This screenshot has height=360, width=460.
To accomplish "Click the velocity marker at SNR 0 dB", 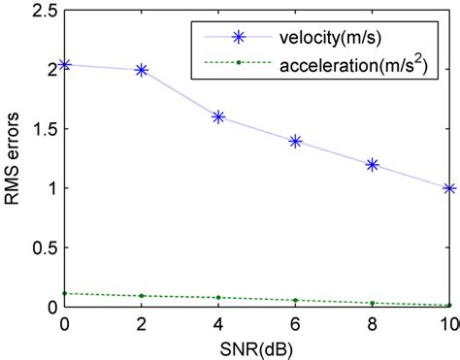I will coord(65,65).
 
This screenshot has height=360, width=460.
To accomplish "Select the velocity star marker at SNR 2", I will coord(142,70).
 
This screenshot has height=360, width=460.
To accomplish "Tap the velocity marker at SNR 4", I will coord(218,116).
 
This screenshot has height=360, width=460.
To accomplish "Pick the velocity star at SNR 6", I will coord(295,141).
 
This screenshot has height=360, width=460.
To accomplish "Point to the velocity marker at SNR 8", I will coord(372,164).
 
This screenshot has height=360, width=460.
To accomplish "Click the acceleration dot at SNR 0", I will coord(65,293).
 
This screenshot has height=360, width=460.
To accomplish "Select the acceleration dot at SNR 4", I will coord(218,297).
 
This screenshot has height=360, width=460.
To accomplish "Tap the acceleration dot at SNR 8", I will coord(372,303).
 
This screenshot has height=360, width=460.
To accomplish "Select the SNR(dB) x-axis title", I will coord(256,346).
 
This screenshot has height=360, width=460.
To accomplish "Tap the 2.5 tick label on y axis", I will coord(45,11).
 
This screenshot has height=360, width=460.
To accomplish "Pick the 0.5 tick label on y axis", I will coord(45,247).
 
